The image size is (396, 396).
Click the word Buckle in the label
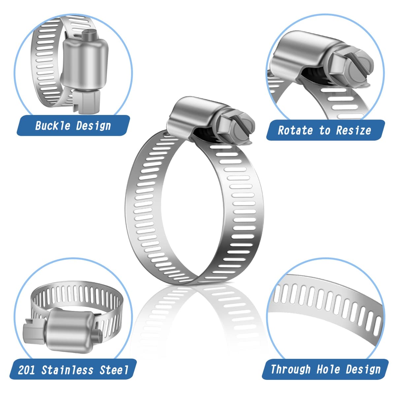pyautogui.click(x=52, y=125)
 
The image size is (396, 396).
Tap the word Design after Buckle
pyautogui.click(x=93, y=126)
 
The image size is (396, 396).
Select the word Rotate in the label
pyautogui.click(x=295, y=130)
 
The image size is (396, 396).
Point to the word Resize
pyautogui.click(x=353, y=130)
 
